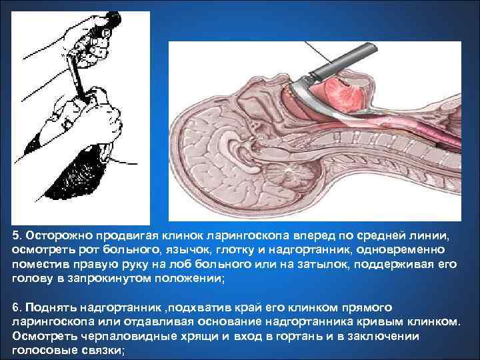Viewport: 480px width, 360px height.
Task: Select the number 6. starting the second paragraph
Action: (17, 307)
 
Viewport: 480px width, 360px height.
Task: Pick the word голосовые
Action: (43, 351)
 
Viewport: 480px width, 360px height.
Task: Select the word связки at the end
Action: (101, 351)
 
